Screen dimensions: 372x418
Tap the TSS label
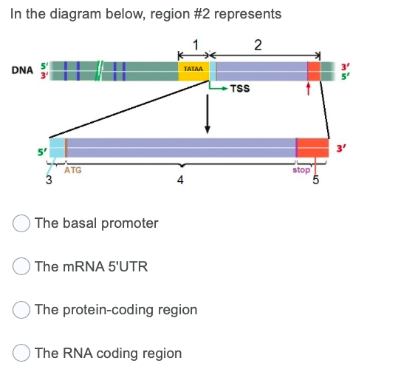239,89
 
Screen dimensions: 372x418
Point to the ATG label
73,170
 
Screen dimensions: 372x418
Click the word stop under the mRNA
301,169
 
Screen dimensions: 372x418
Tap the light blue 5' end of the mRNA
56,147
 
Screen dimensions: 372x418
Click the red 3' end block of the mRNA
313,147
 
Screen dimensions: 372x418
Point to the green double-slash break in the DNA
99,70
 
